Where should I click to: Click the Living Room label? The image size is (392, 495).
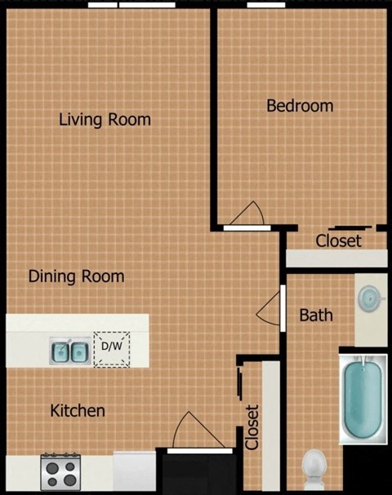[x=105, y=120]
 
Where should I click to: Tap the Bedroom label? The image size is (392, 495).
[x=300, y=106]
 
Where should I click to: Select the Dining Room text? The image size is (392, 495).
[x=76, y=276]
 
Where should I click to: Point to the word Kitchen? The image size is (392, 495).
[x=78, y=410]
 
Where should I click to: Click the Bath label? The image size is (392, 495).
[x=315, y=315]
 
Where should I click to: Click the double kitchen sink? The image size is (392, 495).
[x=70, y=351]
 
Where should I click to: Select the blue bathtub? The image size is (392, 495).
[x=360, y=397]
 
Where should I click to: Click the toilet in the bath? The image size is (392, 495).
[x=314, y=470]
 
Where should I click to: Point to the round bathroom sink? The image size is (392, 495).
[x=371, y=298]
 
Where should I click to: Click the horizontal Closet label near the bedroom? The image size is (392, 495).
[x=338, y=241]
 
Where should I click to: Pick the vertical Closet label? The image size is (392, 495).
[x=252, y=427]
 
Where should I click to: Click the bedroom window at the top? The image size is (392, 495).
[x=261, y=5]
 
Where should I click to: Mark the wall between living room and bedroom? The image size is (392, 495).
[x=215, y=114]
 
